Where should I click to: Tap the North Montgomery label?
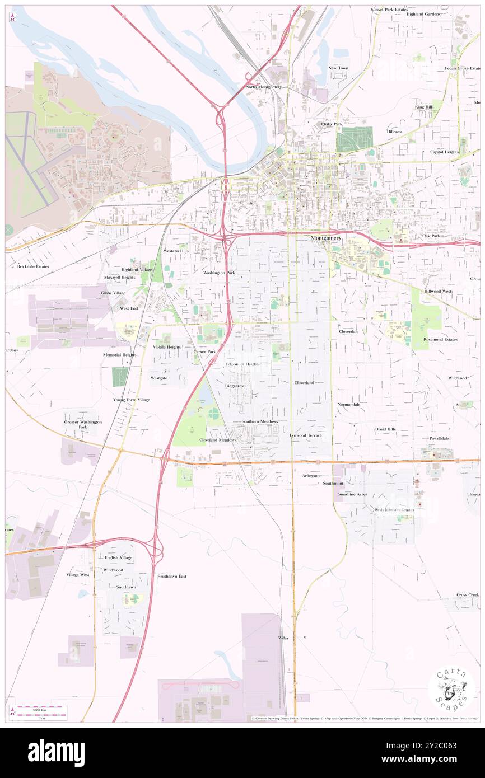264,87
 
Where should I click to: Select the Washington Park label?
219,273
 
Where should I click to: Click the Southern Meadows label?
259,421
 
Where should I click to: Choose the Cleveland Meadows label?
218,440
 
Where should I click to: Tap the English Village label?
118,557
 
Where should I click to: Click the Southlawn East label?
172,576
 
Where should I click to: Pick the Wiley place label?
284,638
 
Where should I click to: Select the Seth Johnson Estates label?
394,510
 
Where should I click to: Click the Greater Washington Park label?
83,424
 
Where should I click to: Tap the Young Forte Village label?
132,400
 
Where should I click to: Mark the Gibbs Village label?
113,293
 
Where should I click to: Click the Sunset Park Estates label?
389,10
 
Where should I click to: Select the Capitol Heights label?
444,152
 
